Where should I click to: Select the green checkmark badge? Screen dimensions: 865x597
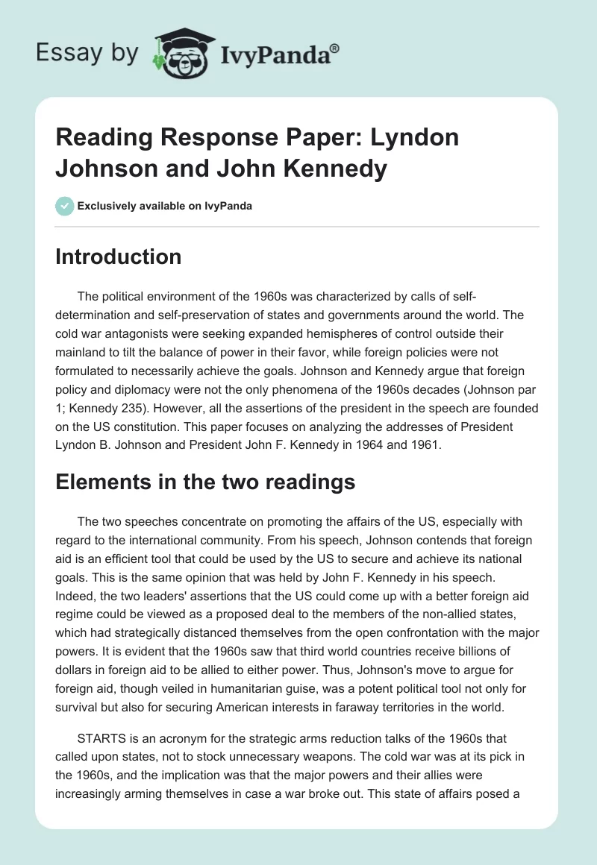pos(65,206)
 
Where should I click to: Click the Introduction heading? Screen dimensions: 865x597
pos(119,257)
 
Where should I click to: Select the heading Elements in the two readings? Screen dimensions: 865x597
pos(205,482)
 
